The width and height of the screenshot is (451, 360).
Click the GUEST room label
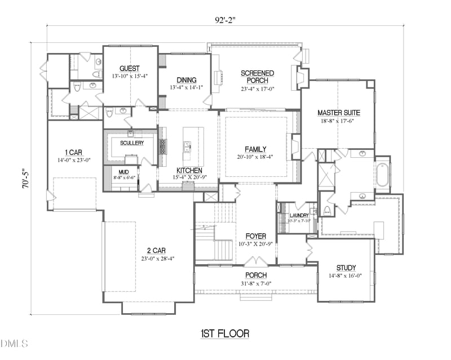[x=130, y=68]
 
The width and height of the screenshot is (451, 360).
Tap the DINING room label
[x=186, y=80]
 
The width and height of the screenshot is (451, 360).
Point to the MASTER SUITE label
[x=338, y=113]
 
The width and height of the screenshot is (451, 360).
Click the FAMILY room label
[x=255, y=149]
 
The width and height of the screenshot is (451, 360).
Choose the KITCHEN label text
[x=189, y=170]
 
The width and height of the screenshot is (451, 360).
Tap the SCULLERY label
[x=131, y=143]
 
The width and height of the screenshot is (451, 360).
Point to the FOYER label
[x=255, y=236]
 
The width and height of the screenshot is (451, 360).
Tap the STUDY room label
[x=346, y=268]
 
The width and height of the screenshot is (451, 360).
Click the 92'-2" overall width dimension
[x=225, y=20]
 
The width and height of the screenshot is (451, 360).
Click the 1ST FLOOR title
[x=225, y=334]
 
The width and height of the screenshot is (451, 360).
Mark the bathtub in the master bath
[x=382, y=175]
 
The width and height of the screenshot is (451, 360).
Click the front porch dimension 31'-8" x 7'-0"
[x=255, y=283]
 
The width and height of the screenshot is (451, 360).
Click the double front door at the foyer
[x=256, y=262]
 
